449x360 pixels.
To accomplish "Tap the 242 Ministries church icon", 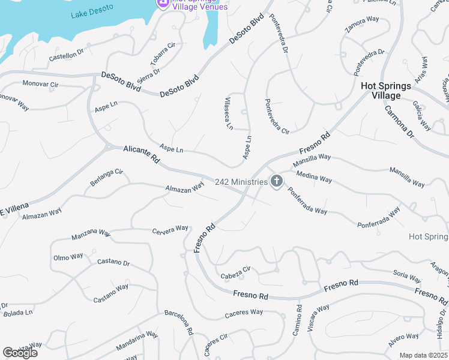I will click(x=276, y=181).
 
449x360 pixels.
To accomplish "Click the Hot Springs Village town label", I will click(x=386, y=91).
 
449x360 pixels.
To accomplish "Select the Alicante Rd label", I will click(x=142, y=154).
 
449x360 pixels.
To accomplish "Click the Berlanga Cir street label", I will click(x=106, y=178).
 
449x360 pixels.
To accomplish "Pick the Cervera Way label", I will click(x=170, y=230).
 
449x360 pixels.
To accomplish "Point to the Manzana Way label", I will click(x=91, y=234).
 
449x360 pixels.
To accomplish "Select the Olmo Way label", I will click(x=68, y=257).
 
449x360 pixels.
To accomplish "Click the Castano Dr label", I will click(x=113, y=263).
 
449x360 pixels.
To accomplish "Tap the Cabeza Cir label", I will click(x=235, y=273).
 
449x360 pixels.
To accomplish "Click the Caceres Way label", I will click(x=244, y=313).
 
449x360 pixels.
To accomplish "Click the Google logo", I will click(x=20, y=353).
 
